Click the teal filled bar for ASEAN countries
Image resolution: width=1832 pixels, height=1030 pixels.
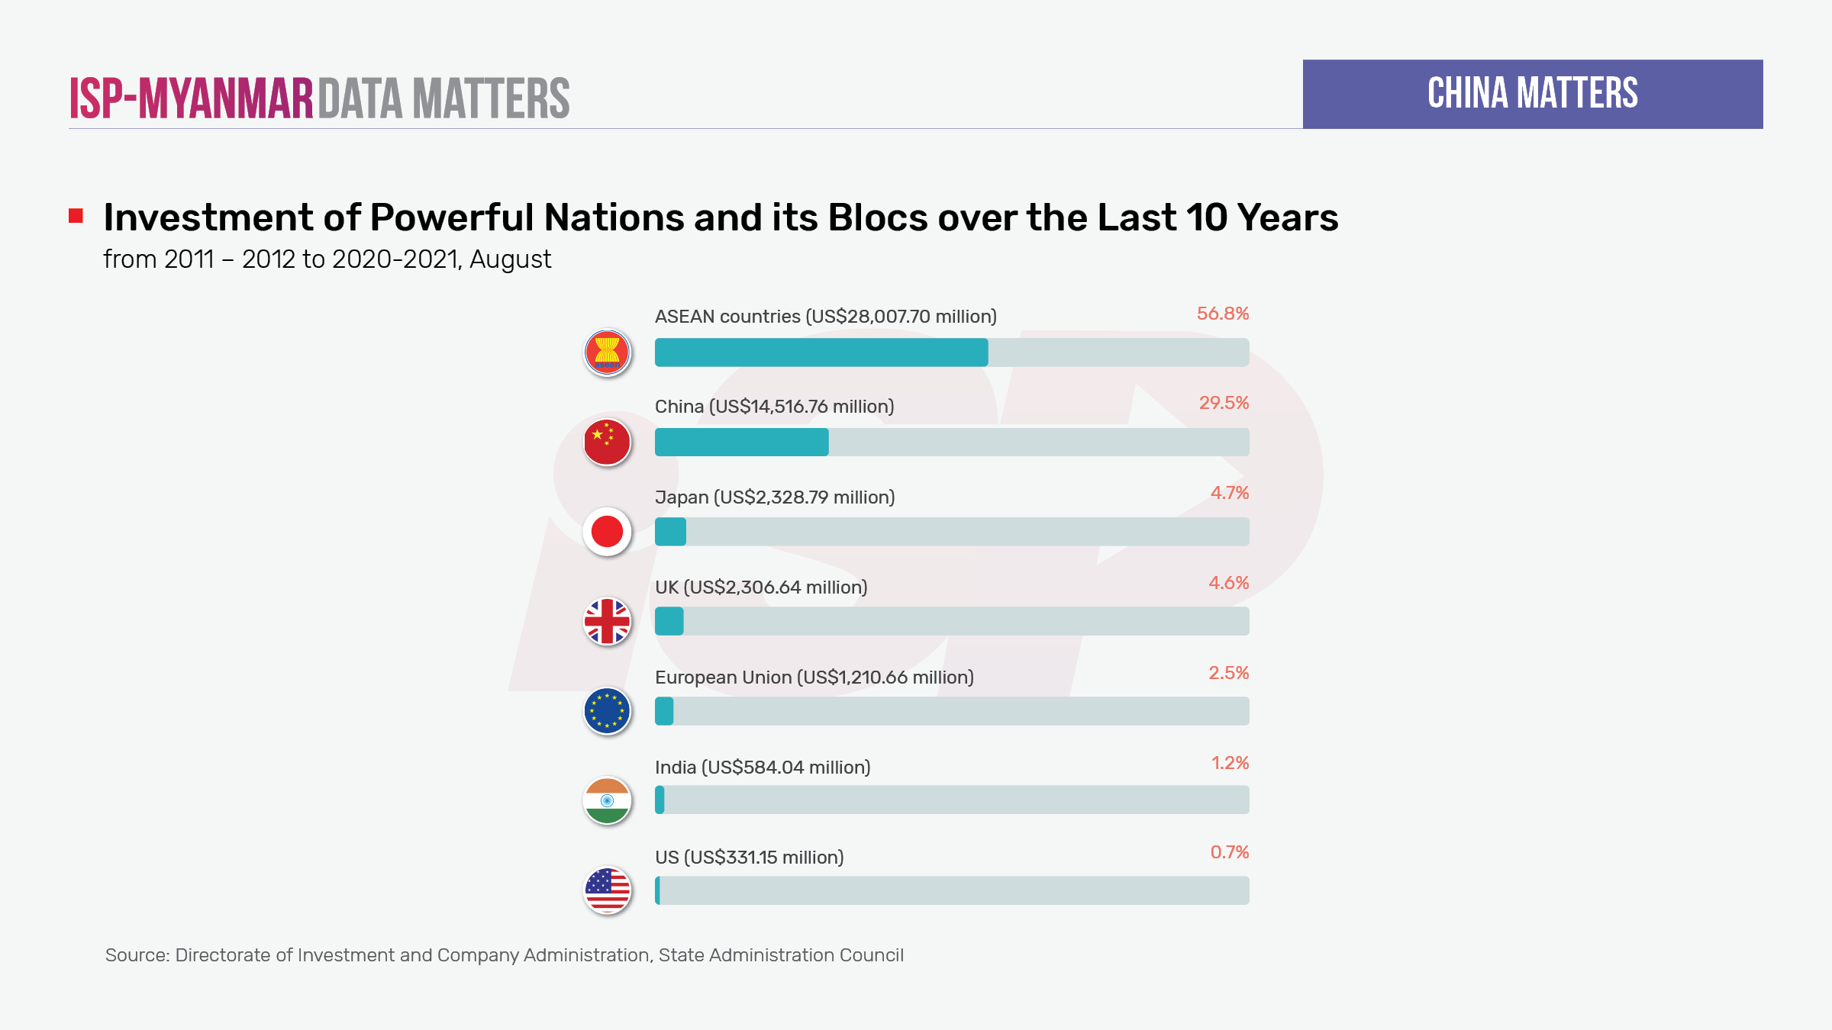coord(821,352)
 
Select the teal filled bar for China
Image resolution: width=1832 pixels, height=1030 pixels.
coord(741,443)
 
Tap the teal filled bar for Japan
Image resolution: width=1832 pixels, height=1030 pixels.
coord(670,532)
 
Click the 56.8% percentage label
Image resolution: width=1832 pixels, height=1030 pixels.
coord(1222,314)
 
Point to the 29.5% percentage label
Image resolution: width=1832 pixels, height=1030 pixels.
coord(1224,403)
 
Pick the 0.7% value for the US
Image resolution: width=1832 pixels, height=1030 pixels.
coord(1229,852)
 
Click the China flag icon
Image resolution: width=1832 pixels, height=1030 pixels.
coord(607,443)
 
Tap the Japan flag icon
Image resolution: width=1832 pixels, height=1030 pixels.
coord(607,532)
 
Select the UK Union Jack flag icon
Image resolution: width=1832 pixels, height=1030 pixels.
coord(607,621)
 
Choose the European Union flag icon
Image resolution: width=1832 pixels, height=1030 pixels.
coord(607,711)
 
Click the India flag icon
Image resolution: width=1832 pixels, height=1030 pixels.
coord(607,800)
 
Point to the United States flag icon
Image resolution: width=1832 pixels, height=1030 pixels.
coord(607,890)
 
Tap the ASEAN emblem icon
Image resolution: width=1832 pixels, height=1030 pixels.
coord(607,352)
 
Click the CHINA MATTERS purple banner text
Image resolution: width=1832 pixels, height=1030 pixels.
coord(1532,94)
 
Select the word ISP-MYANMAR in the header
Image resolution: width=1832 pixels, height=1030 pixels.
coord(192,98)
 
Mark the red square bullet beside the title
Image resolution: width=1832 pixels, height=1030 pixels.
coord(76,216)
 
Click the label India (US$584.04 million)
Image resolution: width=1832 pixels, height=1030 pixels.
coord(763,768)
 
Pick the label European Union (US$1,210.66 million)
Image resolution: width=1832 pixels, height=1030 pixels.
coord(814,678)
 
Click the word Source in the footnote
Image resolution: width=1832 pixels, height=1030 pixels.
coord(137,955)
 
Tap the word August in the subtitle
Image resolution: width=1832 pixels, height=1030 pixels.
coord(510,260)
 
